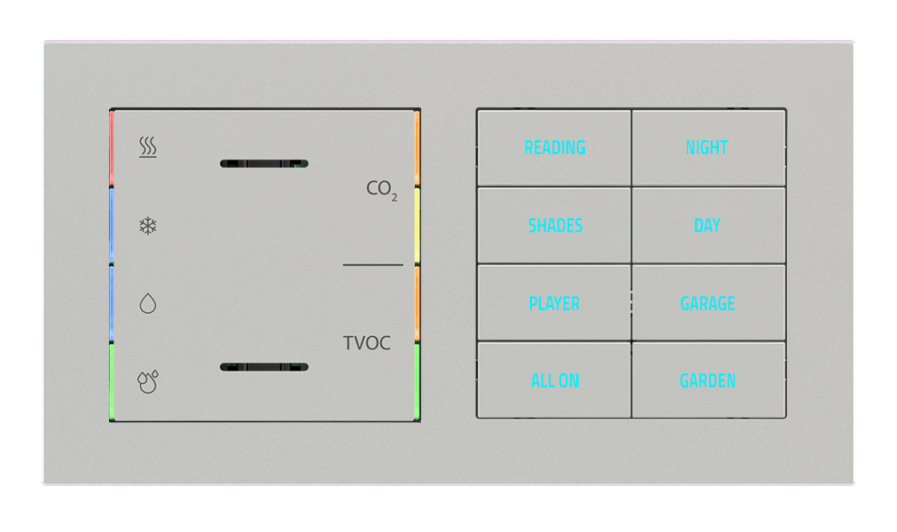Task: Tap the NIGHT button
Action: tap(707, 147)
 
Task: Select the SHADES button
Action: tap(555, 225)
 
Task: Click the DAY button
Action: tap(707, 225)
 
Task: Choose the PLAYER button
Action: tap(554, 303)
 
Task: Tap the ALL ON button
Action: tap(555, 380)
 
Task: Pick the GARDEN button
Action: tap(707, 380)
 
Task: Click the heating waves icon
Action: tap(148, 147)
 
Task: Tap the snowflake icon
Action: tap(148, 225)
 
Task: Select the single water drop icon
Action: tap(148, 304)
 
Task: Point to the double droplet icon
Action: tap(148, 381)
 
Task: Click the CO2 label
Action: tap(381, 189)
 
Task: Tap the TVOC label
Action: tap(367, 343)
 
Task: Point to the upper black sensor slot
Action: tap(263, 164)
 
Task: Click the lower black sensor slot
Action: tap(263, 366)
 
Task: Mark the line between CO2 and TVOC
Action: tap(373, 264)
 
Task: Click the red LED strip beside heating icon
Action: tap(112, 148)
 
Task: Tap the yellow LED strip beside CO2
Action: tap(417, 225)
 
